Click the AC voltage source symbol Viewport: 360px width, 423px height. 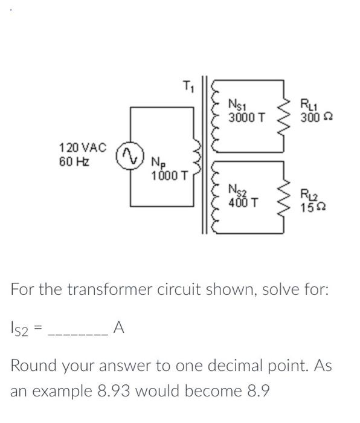[126, 155]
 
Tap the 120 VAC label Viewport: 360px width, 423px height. [83, 147]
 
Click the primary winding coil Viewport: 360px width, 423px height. [197, 156]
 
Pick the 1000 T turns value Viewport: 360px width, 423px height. [171, 176]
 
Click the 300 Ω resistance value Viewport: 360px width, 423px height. [315, 116]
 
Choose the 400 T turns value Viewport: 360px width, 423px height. [245, 202]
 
